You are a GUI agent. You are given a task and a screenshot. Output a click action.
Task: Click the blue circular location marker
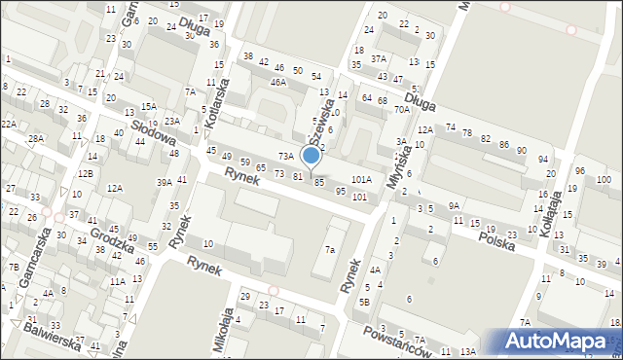coord(311,156)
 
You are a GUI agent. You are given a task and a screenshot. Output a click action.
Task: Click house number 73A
coord(285,156)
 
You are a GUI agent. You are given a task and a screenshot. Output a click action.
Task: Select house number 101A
coord(361,180)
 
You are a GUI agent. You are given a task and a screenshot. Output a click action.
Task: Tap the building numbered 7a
coord(331,250)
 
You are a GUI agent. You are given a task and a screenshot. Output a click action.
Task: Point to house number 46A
coord(278,83)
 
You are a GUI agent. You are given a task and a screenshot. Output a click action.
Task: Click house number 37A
coord(378,59)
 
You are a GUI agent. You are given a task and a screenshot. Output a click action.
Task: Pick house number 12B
coord(86,173)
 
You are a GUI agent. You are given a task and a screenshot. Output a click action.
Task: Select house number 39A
coord(165,182)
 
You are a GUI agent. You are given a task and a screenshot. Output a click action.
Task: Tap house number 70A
coord(401,111)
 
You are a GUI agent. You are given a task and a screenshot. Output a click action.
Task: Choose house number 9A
coord(454,205)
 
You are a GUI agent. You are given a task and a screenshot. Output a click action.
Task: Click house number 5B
coord(364,302)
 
